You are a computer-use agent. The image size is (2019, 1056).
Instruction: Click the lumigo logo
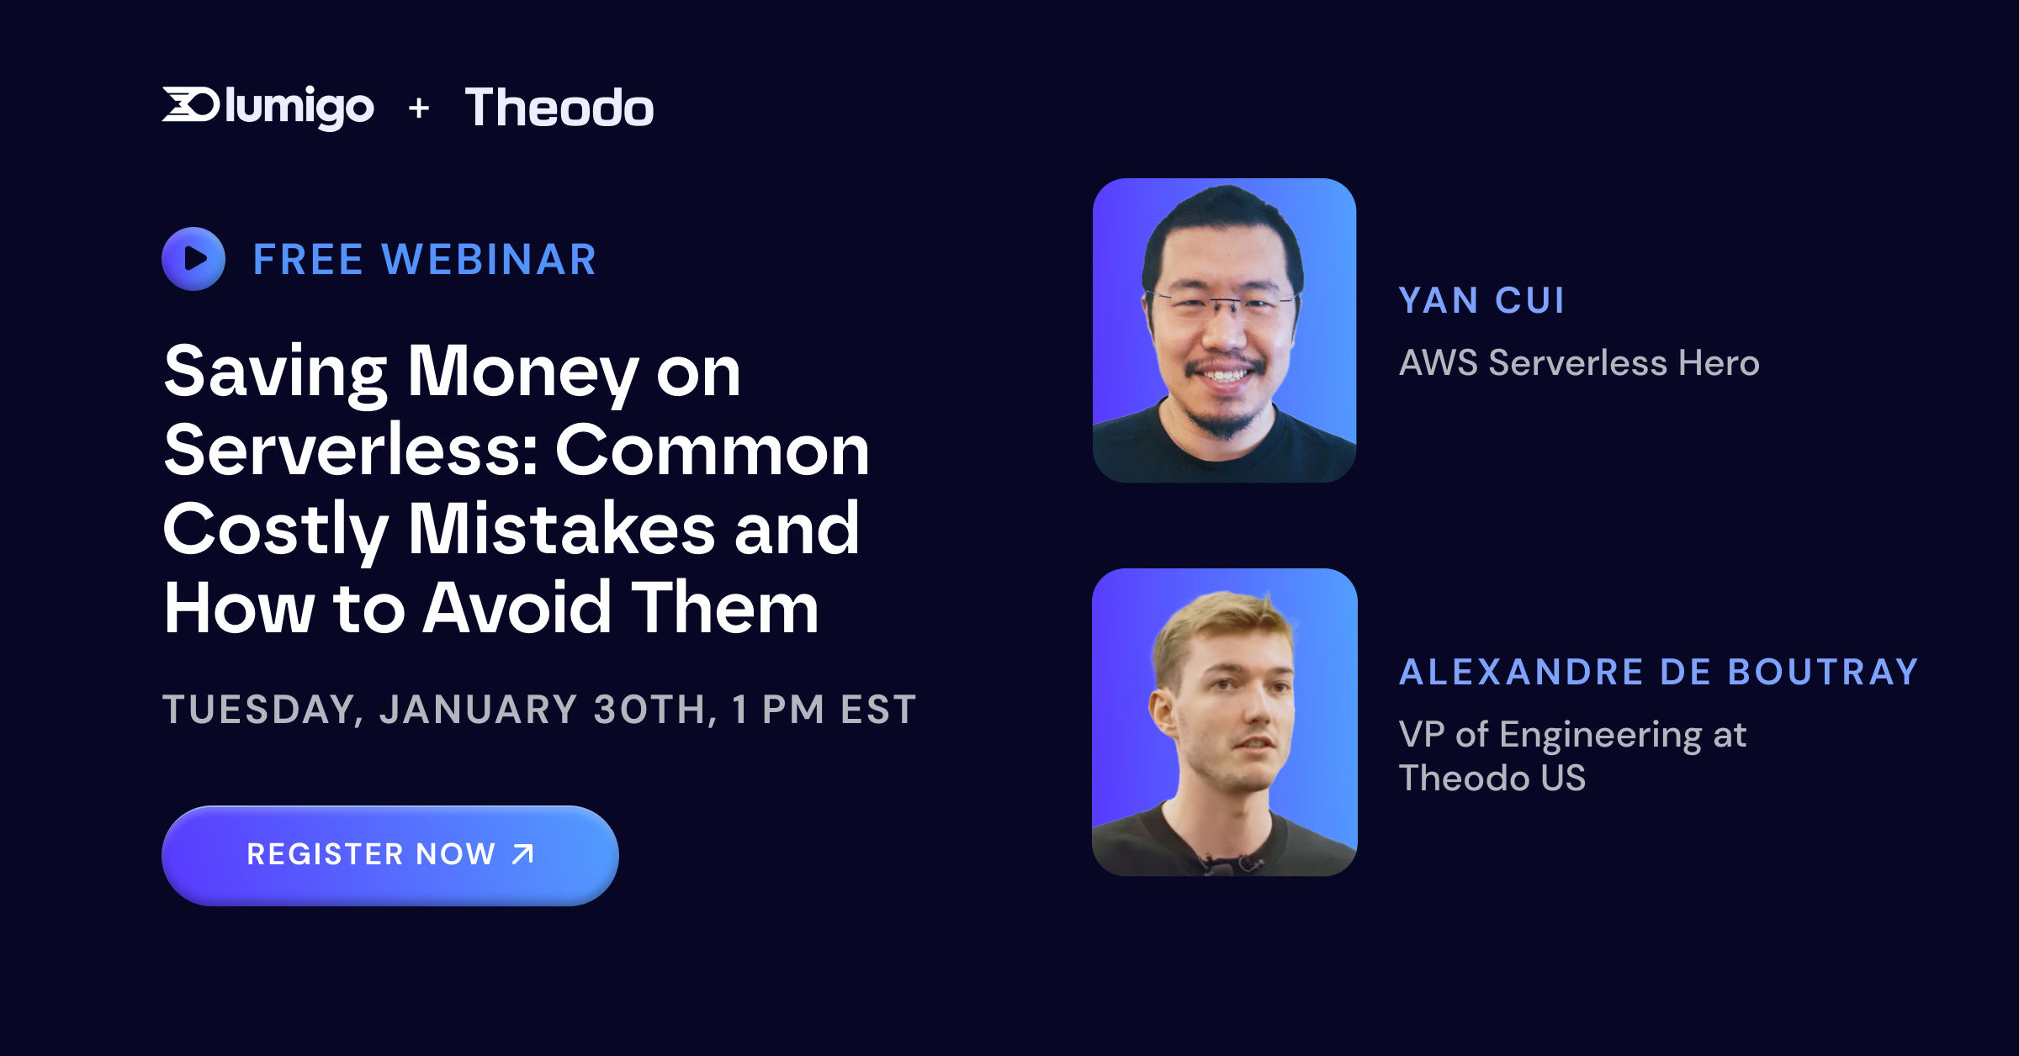click(268, 107)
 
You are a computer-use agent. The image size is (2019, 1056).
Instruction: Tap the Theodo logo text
click(559, 108)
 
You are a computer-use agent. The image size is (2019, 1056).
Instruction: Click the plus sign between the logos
click(419, 108)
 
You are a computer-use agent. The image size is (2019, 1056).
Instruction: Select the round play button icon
click(193, 259)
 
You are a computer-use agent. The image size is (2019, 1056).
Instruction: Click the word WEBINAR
click(490, 259)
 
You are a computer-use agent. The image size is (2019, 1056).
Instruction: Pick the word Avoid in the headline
click(517, 607)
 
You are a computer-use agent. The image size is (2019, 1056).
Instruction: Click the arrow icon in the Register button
click(523, 854)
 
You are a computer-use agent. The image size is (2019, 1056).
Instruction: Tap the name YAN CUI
click(1481, 301)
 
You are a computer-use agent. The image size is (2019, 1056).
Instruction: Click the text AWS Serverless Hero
click(1579, 363)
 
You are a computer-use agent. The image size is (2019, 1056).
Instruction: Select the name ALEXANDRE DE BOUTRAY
click(1658, 673)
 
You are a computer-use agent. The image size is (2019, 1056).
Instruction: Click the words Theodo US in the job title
click(1492, 779)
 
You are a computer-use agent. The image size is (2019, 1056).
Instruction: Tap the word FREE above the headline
click(308, 259)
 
